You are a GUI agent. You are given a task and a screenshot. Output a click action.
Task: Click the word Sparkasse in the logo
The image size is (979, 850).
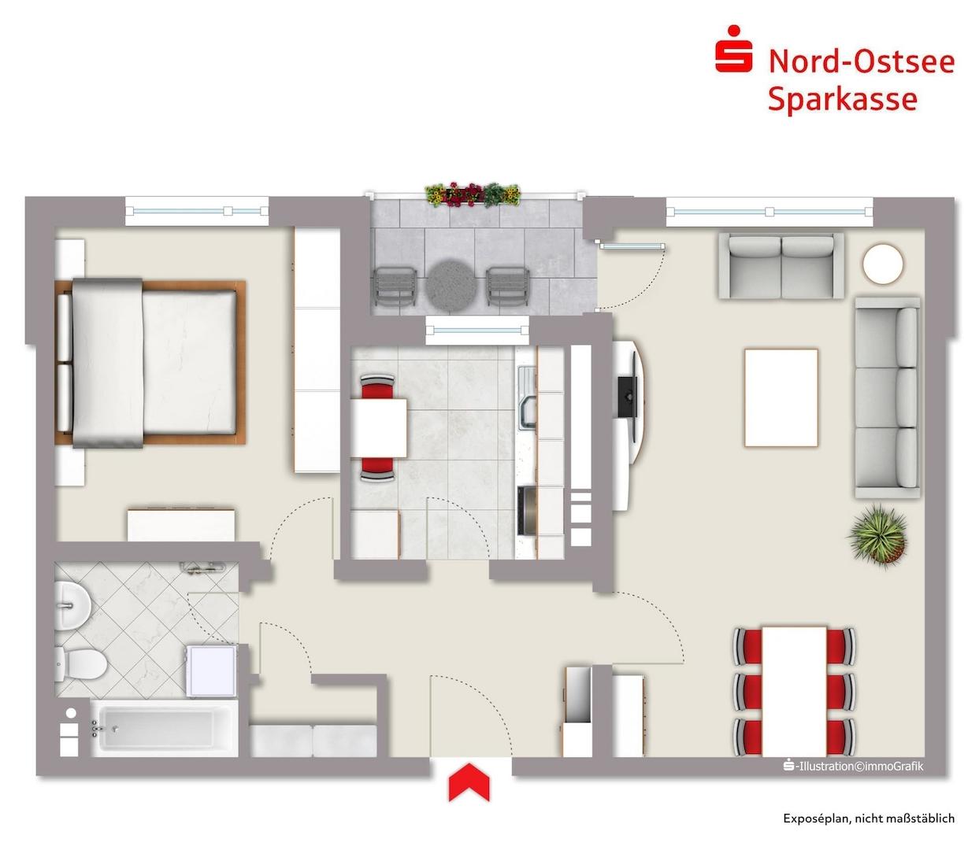843,99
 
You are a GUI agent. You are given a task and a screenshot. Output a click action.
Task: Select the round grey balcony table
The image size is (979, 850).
452,286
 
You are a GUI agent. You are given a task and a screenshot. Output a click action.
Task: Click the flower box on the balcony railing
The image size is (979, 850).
473,194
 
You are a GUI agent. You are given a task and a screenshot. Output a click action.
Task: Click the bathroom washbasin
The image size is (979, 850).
72,606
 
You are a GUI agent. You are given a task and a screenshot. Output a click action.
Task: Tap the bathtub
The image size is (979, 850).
164,729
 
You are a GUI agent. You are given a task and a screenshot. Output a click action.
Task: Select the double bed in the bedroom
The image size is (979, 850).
150,363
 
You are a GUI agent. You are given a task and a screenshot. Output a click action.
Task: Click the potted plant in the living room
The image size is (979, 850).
877,535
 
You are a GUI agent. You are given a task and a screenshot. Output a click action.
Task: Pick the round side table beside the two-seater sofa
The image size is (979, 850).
882,264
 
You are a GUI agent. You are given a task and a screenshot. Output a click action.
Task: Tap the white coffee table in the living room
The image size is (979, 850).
781,397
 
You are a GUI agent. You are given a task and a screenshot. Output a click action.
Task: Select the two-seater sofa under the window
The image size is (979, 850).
781,266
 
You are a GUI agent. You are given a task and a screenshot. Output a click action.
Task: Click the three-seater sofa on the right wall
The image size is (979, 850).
887,397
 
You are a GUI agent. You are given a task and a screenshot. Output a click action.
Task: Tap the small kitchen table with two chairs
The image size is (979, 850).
379,428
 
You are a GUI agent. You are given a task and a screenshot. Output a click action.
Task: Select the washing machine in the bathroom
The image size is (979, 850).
210,671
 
